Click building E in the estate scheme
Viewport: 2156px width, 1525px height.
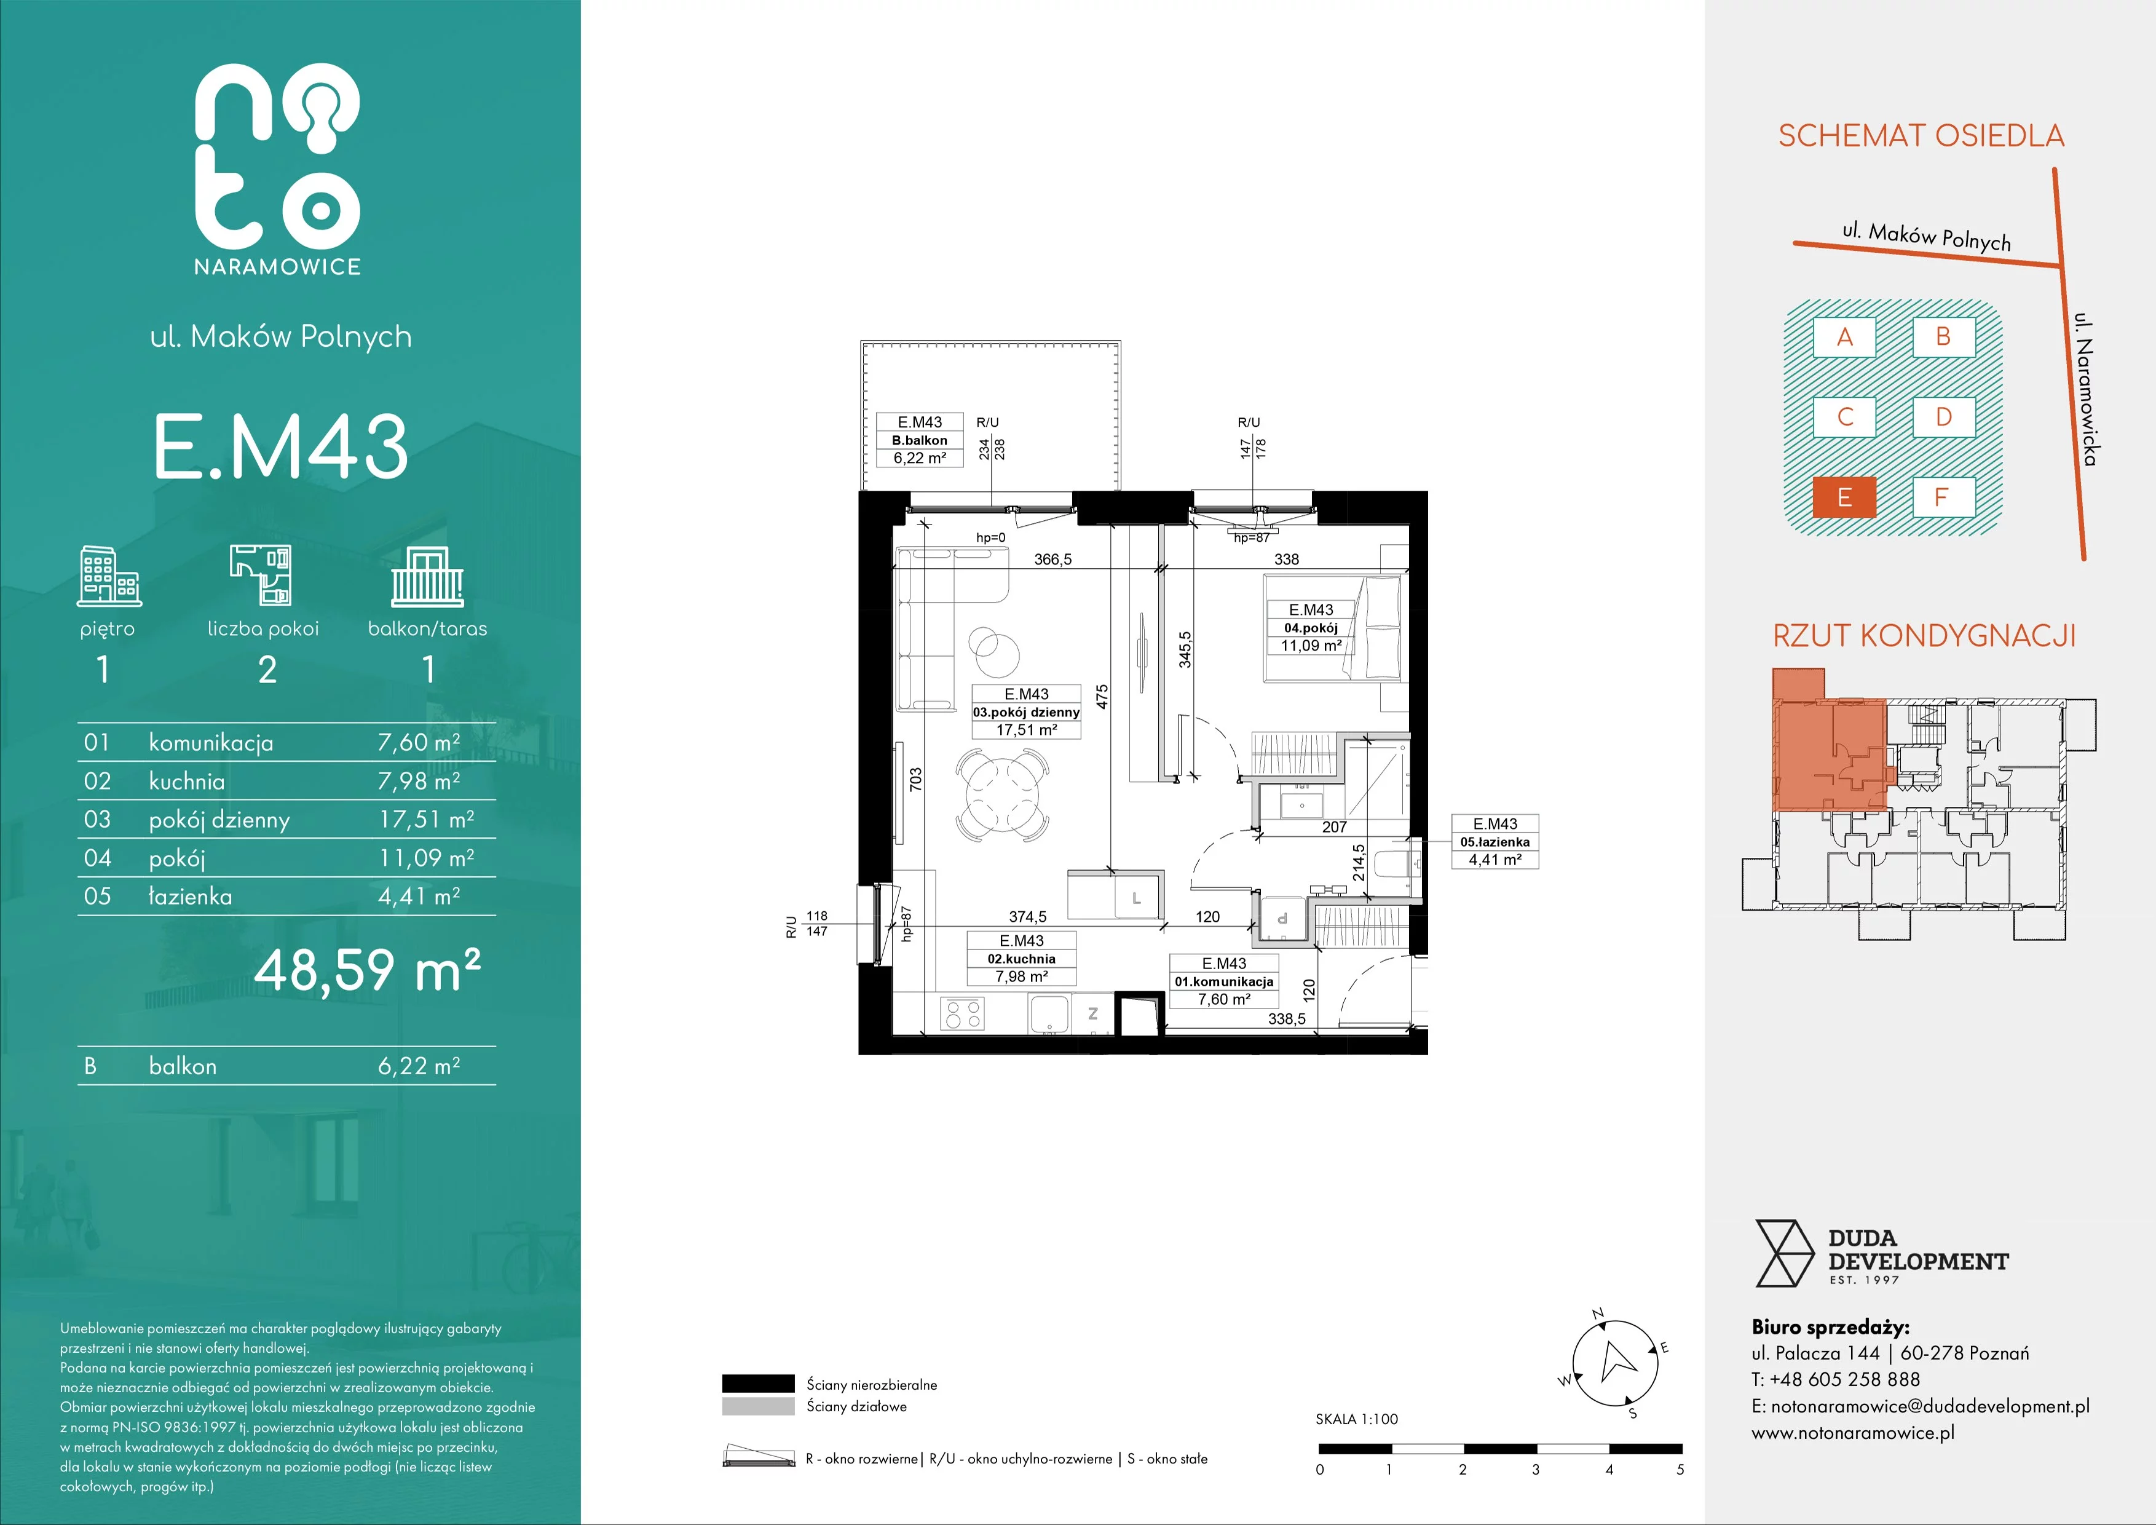[x=1844, y=497]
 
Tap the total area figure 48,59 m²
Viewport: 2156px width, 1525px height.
[x=367, y=970]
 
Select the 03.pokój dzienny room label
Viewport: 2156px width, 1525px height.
[x=1026, y=712]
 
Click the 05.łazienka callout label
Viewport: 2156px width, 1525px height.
[x=1495, y=841]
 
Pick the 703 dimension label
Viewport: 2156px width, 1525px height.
[x=915, y=778]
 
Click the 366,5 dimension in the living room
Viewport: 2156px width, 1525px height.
[x=1052, y=560]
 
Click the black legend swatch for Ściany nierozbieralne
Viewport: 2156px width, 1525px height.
[x=758, y=1383]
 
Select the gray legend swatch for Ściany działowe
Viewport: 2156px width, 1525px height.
[x=758, y=1406]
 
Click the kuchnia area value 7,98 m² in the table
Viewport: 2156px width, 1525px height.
[x=419, y=782]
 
